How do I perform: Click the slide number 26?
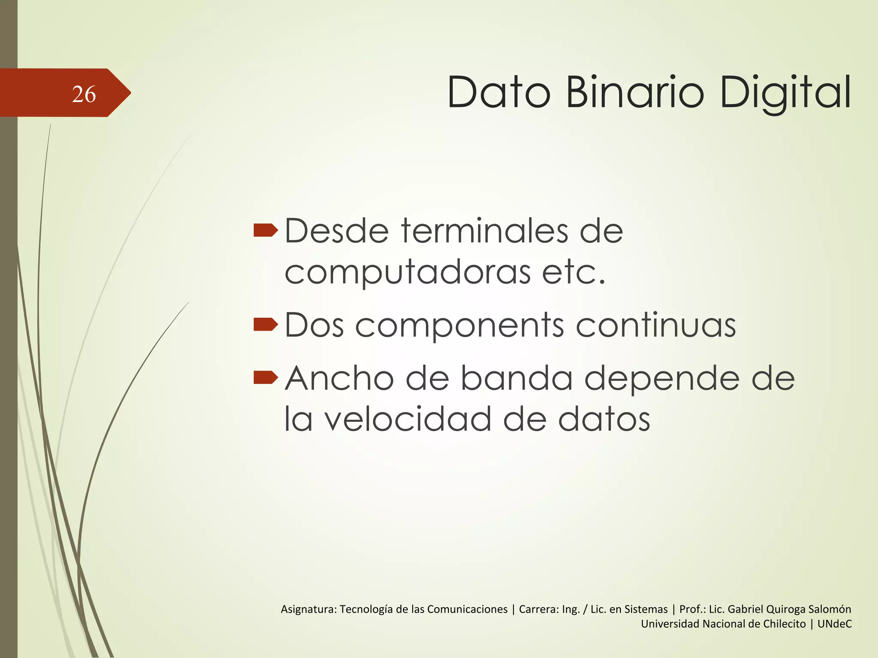(x=84, y=94)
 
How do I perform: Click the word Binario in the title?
(x=634, y=93)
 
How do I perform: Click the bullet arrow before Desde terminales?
(x=265, y=231)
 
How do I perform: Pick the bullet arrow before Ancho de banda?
(x=265, y=377)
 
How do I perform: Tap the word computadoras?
(x=407, y=272)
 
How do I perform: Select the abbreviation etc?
(x=574, y=272)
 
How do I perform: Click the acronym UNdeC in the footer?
(x=834, y=624)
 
